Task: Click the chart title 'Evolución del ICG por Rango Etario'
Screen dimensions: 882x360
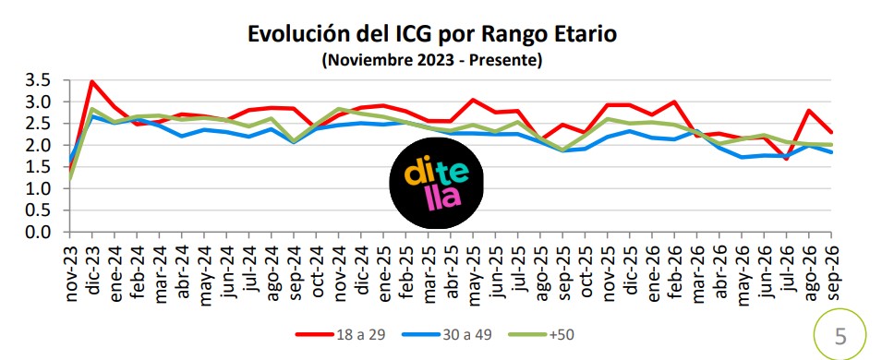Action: (x=432, y=34)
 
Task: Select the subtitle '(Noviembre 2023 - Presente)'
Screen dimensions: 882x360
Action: (x=432, y=60)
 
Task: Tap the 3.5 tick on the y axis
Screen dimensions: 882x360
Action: (x=38, y=80)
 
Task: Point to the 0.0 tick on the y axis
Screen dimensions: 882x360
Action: (x=38, y=232)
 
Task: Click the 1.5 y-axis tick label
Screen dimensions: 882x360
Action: (x=38, y=167)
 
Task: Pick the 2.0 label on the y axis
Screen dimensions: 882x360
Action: (x=38, y=145)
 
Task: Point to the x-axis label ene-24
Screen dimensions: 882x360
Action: (x=115, y=270)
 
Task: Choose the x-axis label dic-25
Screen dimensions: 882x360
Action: (x=630, y=268)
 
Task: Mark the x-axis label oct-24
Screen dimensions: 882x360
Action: (x=316, y=268)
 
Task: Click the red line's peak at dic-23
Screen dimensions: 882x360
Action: (x=91, y=82)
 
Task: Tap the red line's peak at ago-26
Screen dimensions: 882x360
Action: (x=809, y=110)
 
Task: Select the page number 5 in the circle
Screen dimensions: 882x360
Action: (x=840, y=336)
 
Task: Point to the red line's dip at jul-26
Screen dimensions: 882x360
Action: (x=786, y=159)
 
